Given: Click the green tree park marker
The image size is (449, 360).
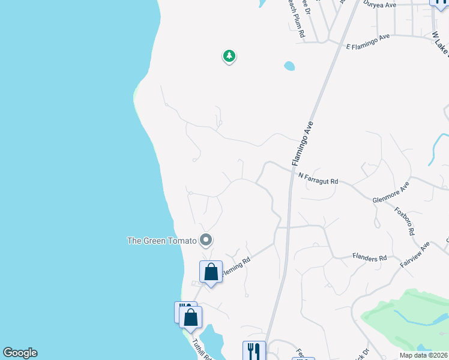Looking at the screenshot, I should point(229,56).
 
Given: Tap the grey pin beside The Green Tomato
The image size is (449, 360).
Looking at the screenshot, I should point(206,241).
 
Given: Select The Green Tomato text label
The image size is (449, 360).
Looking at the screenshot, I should point(162,241).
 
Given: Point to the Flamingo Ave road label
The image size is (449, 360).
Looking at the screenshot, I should point(303,144).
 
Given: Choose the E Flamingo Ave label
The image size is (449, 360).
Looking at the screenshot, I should point(368,41).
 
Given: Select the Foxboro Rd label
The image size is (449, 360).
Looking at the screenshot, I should point(405,221).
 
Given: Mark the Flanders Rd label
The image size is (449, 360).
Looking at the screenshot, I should point(370,258).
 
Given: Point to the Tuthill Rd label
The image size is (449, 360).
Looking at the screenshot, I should point(202,349).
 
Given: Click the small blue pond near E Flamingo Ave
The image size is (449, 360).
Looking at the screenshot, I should point(289,65).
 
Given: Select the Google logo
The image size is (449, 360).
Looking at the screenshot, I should point(20,353).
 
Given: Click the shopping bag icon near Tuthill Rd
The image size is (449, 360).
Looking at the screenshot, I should point(190,317).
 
